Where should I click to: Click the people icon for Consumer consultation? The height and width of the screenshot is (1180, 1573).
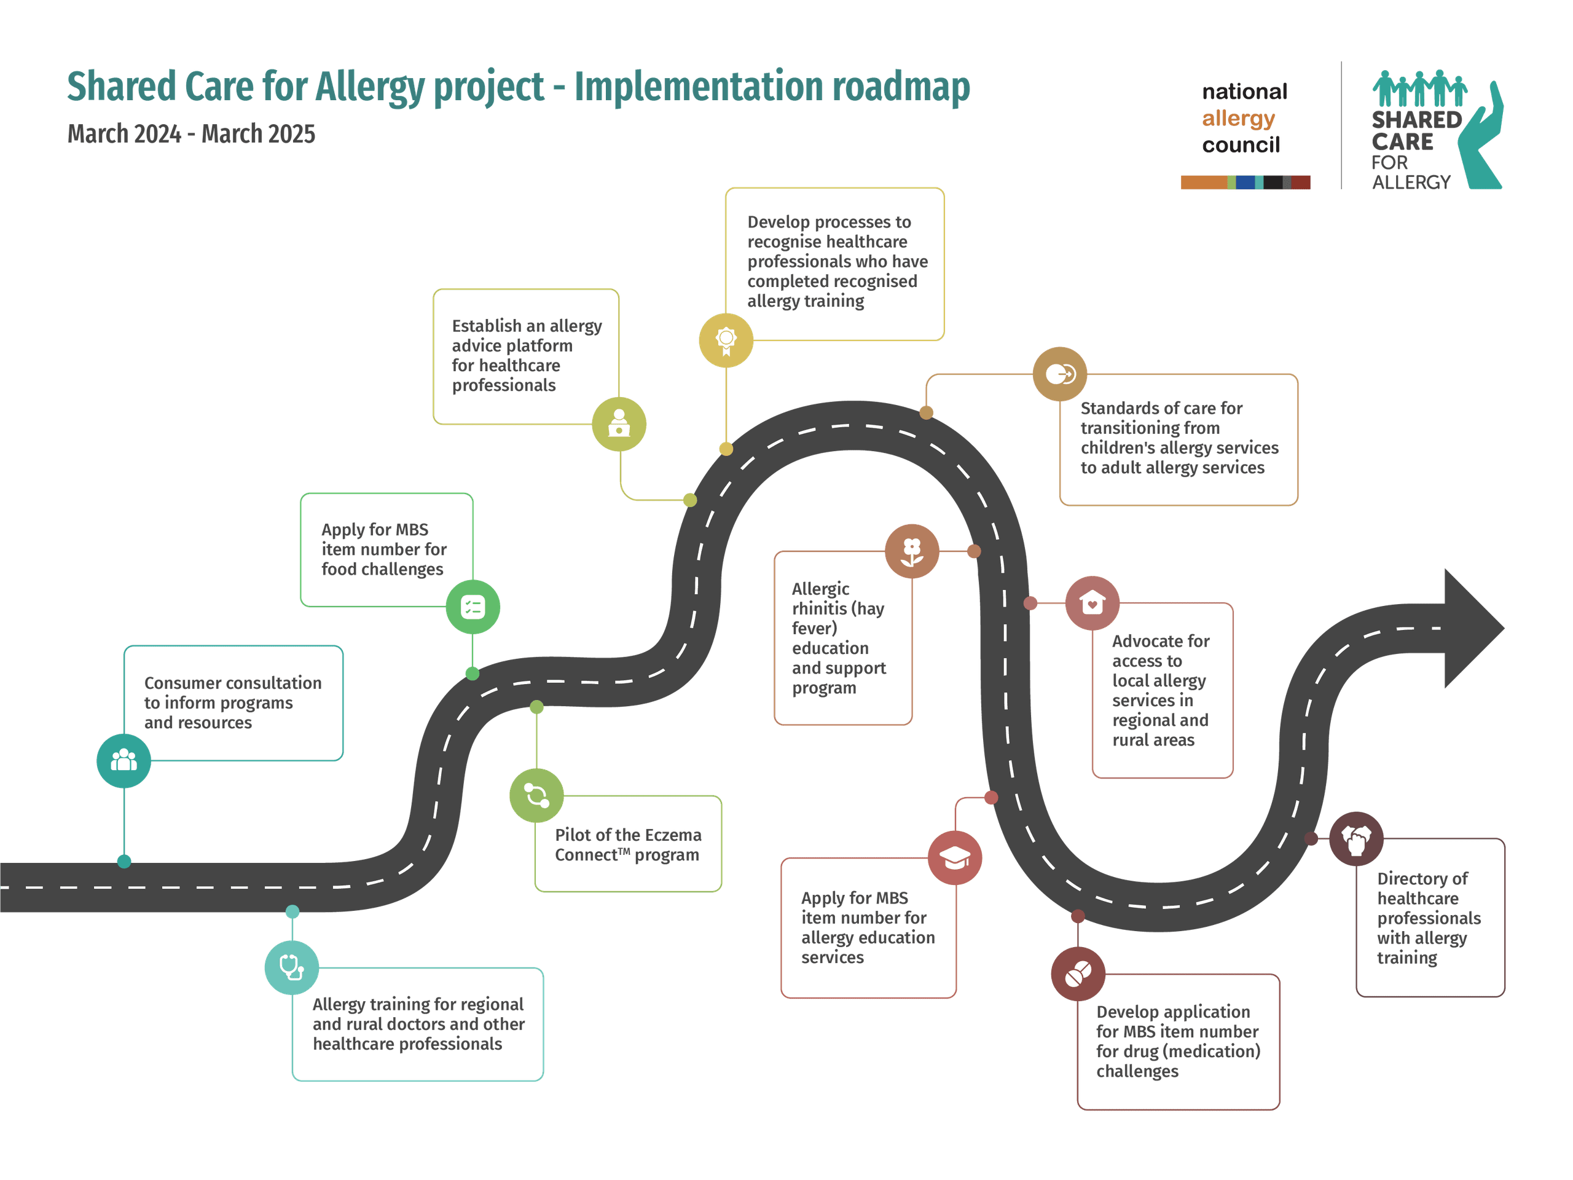(124, 760)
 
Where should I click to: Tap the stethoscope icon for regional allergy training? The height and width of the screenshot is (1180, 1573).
(292, 967)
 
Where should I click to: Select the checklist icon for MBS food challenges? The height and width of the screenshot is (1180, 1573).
(473, 607)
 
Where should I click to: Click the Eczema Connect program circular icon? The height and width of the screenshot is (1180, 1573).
(537, 795)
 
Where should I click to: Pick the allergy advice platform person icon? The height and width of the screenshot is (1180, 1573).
(619, 424)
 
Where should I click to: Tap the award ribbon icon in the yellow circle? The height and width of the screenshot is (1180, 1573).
(726, 340)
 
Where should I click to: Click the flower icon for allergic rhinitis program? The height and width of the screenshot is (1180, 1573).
(912, 551)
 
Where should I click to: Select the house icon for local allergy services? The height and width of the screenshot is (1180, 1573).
(1092, 603)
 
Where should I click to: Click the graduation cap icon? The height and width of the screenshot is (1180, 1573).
(955, 858)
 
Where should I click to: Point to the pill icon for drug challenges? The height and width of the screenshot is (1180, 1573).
(1078, 974)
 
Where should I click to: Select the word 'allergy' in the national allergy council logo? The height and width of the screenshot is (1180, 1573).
(1238, 118)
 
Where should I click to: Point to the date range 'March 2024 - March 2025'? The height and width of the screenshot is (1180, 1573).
(191, 134)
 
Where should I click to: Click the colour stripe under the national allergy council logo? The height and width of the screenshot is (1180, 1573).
(1245, 182)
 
